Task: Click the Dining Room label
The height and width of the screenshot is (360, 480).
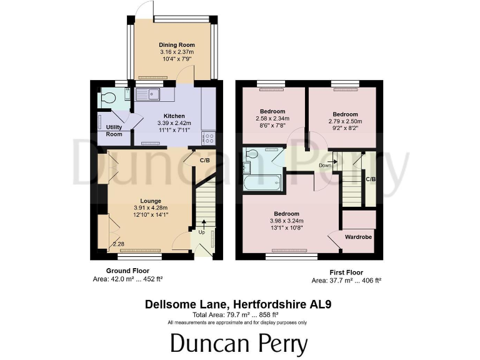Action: click(176, 45)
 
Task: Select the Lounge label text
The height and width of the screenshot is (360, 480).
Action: click(151, 201)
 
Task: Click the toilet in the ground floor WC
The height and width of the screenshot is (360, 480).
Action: click(108, 98)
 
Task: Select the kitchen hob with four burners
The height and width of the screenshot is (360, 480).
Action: click(209, 140)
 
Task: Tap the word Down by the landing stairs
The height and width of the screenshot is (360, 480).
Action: click(325, 166)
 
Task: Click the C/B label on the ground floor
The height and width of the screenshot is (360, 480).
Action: click(204, 161)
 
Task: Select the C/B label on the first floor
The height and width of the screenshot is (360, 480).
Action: click(371, 179)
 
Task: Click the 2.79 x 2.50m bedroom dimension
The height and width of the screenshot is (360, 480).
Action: click(344, 122)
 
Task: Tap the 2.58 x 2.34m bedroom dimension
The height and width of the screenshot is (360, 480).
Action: click(272, 119)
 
